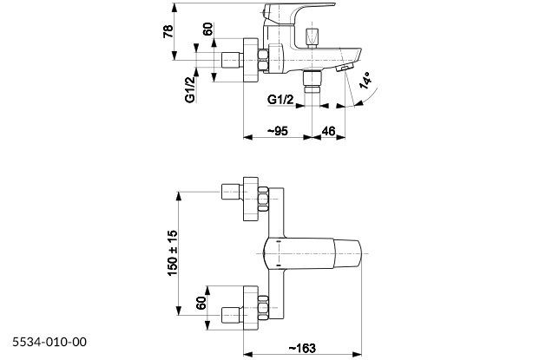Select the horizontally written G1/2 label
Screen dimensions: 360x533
coord(280,100)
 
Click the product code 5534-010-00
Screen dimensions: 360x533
coord(50,344)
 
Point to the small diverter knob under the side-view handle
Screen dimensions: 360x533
coord(313,36)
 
